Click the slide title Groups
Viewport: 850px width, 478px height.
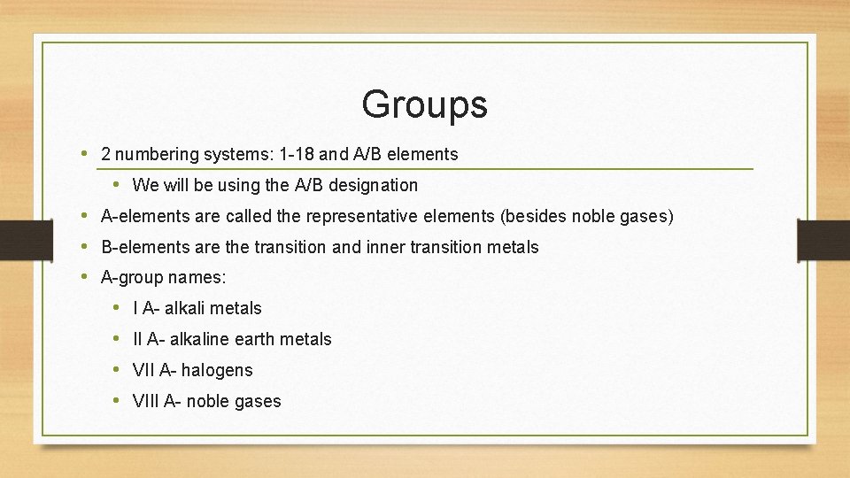(x=424, y=104)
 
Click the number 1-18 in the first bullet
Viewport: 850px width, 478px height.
(x=295, y=154)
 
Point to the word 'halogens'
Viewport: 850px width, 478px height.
(x=217, y=370)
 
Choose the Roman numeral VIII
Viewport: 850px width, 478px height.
(x=146, y=401)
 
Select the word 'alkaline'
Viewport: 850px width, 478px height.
(x=199, y=339)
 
